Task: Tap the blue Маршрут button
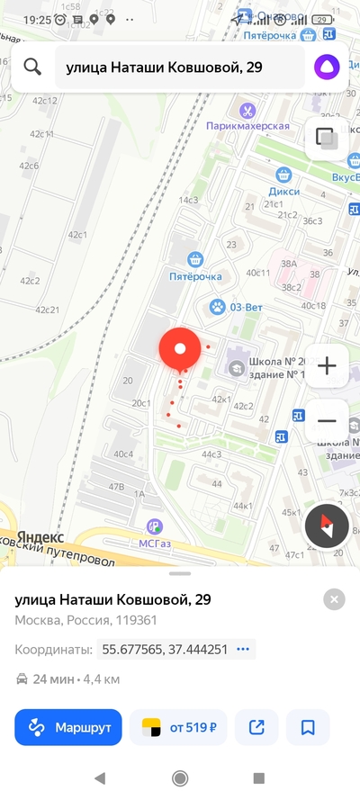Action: [67, 727]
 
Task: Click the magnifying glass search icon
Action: [33, 67]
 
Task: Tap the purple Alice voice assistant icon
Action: [326, 67]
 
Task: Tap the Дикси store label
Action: [283, 191]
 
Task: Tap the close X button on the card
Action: [334, 599]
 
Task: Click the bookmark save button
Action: [308, 727]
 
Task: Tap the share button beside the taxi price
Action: [256, 727]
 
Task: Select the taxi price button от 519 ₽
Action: [178, 727]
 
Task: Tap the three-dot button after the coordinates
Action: [242, 649]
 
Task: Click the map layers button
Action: [327, 139]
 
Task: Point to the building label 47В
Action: [116, 486]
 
